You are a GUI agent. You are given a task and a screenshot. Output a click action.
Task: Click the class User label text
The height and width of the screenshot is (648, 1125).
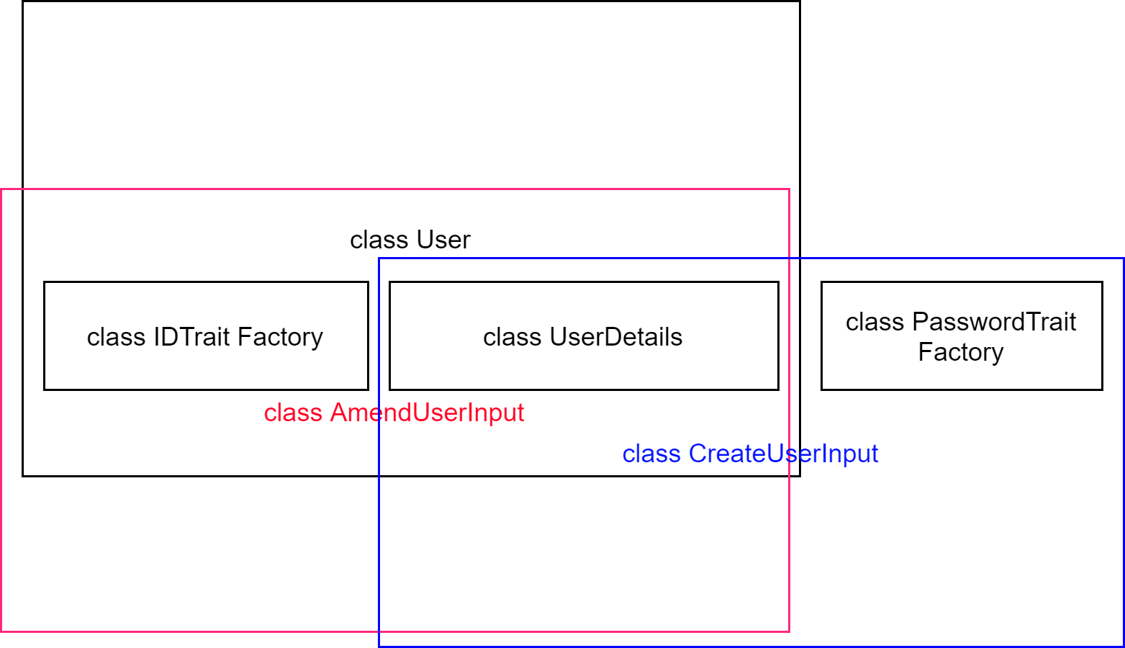click(x=410, y=240)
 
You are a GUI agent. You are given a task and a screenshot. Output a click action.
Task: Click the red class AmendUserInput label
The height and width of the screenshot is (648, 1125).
click(x=394, y=413)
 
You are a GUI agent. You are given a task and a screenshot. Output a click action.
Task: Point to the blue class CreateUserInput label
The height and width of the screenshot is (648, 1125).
click(x=750, y=454)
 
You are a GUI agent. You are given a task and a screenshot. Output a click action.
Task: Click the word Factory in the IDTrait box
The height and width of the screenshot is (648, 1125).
click(x=280, y=337)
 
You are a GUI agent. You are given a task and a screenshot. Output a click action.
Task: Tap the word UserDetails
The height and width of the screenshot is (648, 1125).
click(x=615, y=337)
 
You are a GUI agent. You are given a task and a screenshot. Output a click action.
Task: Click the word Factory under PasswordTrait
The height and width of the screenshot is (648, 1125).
click(x=960, y=352)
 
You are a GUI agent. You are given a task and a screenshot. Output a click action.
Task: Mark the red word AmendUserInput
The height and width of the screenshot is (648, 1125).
click(x=427, y=413)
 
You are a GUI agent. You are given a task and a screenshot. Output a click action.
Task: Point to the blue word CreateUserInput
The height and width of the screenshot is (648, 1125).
click(x=783, y=454)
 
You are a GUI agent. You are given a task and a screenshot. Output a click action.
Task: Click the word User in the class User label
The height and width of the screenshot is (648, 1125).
click(x=443, y=240)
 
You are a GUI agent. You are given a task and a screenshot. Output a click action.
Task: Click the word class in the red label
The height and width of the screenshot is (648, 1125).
click(x=292, y=413)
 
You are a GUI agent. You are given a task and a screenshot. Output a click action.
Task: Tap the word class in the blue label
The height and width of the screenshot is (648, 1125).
click(x=651, y=454)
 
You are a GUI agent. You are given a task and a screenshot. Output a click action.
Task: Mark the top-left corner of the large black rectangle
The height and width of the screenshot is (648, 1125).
click(x=23, y=1)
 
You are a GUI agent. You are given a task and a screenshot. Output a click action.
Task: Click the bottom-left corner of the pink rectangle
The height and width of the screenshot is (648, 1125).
click(x=1, y=631)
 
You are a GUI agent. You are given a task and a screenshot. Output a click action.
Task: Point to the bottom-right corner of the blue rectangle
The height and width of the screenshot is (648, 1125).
click(x=1124, y=646)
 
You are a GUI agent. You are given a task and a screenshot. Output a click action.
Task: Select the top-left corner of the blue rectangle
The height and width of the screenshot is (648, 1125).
click(x=379, y=258)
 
